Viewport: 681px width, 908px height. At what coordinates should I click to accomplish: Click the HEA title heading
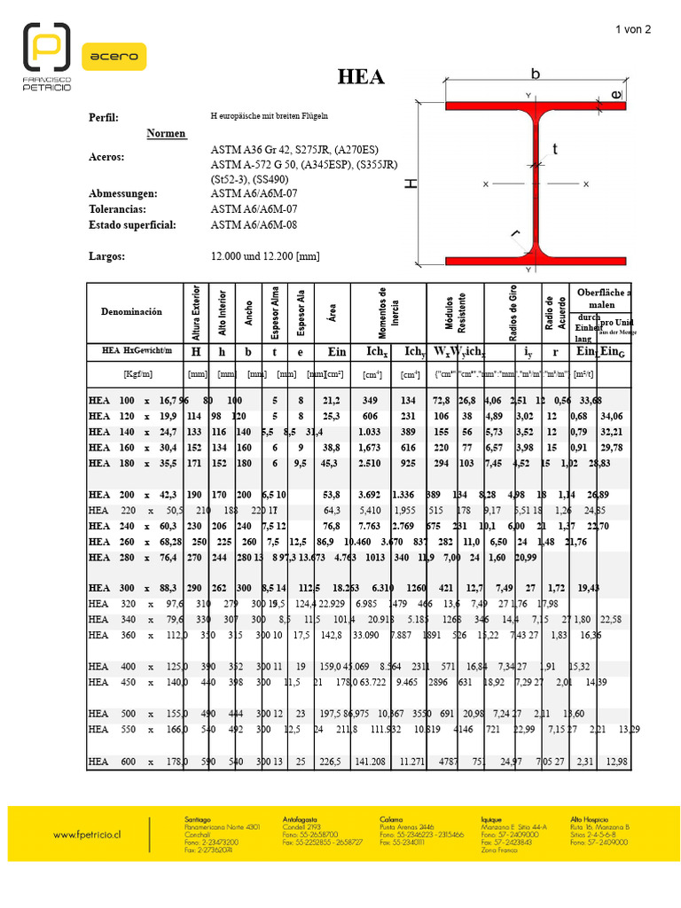click(362, 77)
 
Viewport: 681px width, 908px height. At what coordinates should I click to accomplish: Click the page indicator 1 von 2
click(633, 29)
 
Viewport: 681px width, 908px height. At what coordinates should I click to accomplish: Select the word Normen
click(166, 134)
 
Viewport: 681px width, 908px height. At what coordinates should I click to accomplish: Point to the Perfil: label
click(104, 118)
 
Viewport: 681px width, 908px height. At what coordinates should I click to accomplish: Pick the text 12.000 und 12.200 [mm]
click(265, 256)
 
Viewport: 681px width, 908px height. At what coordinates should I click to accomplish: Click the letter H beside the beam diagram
click(411, 184)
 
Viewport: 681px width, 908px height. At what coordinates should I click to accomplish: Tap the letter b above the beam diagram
click(535, 73)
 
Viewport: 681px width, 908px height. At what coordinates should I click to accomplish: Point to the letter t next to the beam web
click(555, 150)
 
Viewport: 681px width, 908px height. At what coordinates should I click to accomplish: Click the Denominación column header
click(131, 312)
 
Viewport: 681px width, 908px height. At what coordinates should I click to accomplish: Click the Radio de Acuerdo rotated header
click(550, 312)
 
